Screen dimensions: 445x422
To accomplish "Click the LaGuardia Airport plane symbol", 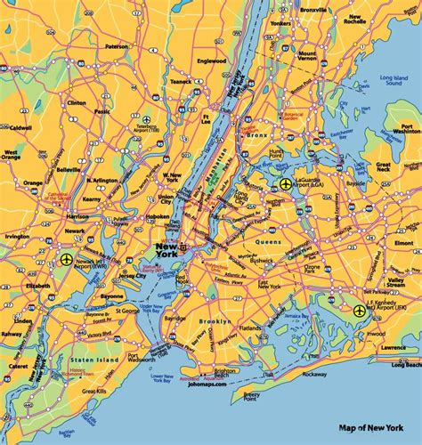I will click(x=286, y=184).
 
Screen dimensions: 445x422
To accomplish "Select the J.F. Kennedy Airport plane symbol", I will click(x=359, y=311).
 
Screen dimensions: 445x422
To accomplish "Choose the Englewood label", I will click(x=211, y=62).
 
